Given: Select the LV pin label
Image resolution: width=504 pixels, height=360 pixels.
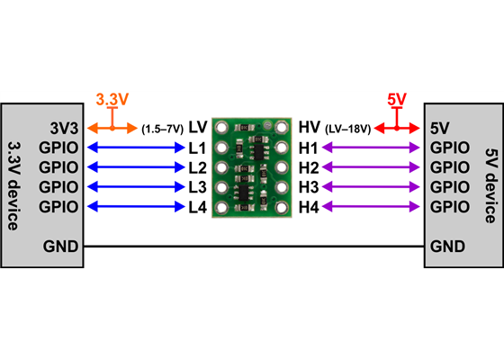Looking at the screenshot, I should tap(198, 127).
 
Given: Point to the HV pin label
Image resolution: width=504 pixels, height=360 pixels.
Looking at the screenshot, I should tap(309, 127).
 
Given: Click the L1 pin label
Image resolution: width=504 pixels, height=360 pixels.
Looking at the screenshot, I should tap(198, 148).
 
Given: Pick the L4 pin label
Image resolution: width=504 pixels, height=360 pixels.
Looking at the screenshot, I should tap(198, 207).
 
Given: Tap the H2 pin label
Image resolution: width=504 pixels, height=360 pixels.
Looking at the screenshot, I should tap(309, 167).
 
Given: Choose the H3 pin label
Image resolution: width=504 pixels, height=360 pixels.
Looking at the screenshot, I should tap(309, 187).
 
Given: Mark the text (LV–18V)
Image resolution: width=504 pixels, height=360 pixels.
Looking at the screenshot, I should tap(348, 128).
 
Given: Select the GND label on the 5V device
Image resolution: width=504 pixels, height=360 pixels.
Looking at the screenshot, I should tap(447, 246).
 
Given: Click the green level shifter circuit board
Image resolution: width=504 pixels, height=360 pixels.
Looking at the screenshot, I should tap(252, 166).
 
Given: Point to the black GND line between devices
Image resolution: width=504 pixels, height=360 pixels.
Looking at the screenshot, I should tap(252, 246).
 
